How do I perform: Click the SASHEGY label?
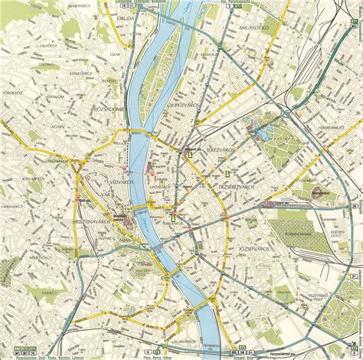50,293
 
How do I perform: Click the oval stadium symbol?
315,195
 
